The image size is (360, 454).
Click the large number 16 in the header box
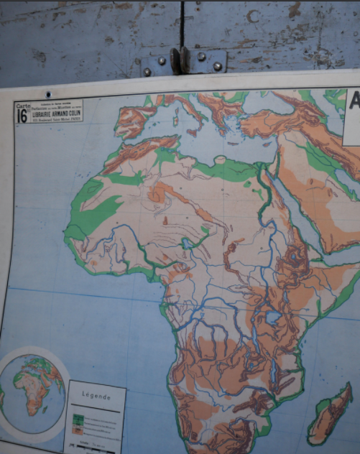pos(22,116)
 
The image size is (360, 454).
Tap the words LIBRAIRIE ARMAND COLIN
pos(55,113)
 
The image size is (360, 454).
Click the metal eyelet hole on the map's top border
pos(49,94)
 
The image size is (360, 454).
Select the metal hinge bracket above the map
pos(184,62)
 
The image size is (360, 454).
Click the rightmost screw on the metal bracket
pos(217,66)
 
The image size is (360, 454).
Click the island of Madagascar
pos(332,415)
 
